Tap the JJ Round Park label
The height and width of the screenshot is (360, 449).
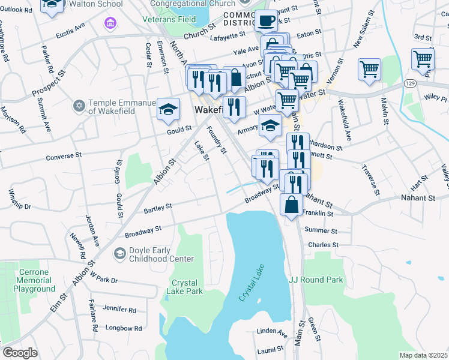(316, 280)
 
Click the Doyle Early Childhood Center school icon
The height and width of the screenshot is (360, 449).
(120, 254)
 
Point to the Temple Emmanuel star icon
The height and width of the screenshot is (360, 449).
(78, 106)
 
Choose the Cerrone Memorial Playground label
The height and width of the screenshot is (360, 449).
(34, 280)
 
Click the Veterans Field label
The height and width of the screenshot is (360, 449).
(169, 19)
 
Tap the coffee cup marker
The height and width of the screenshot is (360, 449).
(266, 21)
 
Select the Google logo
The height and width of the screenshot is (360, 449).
(20, 353)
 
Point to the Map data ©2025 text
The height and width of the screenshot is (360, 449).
(424, 355)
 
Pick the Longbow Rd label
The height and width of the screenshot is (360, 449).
(123, 328)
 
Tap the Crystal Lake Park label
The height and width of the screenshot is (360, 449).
(188, 287)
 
